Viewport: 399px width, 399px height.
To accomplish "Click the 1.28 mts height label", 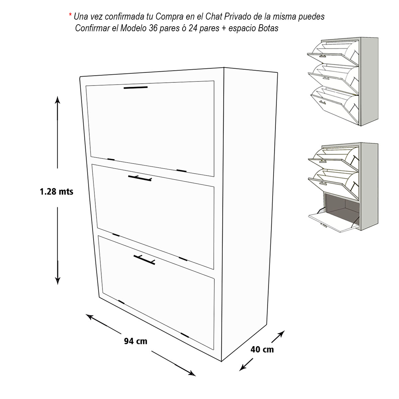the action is [x=57, y=192].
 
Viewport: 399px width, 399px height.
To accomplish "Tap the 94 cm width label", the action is [x=136, y=341].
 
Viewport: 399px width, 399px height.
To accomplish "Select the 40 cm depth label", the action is [x=262, y=349].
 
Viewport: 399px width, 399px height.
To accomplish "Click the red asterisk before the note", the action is [x=70, y=15].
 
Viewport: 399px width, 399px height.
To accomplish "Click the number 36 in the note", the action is [x=153, y=28].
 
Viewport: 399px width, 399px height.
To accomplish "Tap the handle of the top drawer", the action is [x=136, y=87].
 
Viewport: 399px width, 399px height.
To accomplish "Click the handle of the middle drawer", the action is [x=140, y=178].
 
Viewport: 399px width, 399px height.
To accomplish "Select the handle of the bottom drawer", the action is [x=144, y=260].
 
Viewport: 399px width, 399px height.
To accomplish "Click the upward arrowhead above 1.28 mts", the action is [x=57, y=100].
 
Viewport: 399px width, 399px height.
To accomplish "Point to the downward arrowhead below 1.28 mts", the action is [x=58, y=281].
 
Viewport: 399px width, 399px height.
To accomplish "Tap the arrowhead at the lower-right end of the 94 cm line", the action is [x=192, y=373].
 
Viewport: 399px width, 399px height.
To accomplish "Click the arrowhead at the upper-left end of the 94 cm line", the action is [x=90, y=317].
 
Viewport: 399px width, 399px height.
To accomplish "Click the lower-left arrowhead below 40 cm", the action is [x=243, y=367].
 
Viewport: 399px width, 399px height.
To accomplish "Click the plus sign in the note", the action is [x=224, y=29].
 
